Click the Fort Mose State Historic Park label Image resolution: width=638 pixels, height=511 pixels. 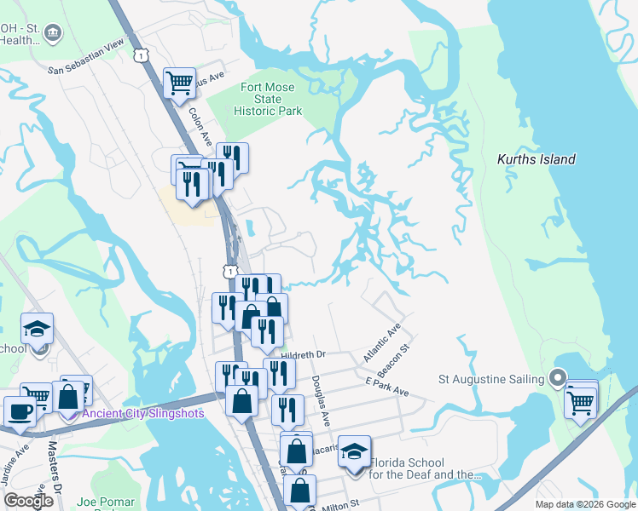pyautogui.click(x=268, y=99)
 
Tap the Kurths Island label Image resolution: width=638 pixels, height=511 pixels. pyautogui.click(x=536, y=159)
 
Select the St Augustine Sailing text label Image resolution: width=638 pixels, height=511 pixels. pyautogui.click(x=491, y=379)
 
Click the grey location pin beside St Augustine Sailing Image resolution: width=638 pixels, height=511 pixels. pyautogui.click(x=558, y=376)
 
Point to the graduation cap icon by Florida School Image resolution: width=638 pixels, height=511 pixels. pyautogui.click(x=354, y=452)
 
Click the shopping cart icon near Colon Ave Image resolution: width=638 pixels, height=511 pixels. pyautogui.click(x=179, y=83)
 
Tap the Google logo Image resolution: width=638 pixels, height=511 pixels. pyautogui.click(x=28, y=501)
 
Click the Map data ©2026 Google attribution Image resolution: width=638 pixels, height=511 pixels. pyautogui.click(x=584, y=504)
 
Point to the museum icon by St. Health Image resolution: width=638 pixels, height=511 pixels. pyautogui.click(x=54, y=34)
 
